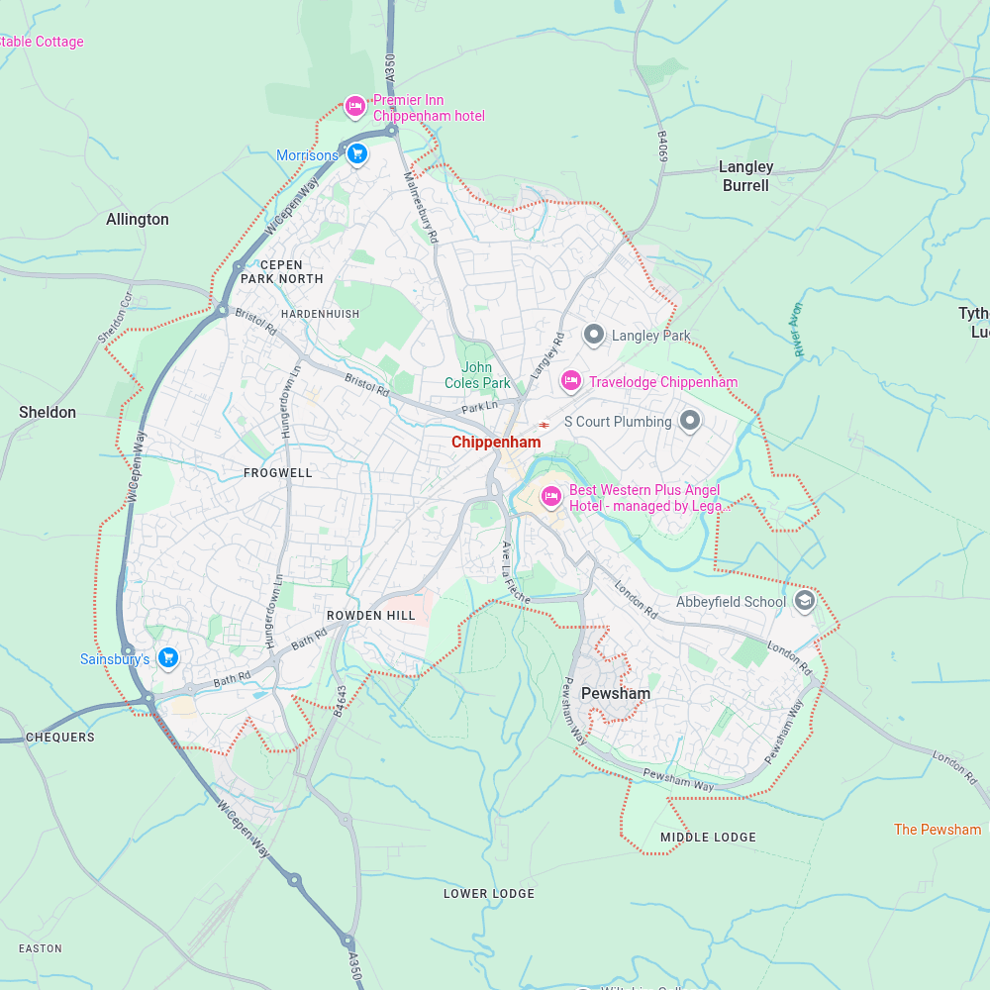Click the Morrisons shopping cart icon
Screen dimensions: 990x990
(358, 154)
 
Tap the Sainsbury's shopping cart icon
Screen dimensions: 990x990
(168, 657)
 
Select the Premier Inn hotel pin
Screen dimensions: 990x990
(355, 106)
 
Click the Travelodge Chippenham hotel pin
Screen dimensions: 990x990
(570, 381)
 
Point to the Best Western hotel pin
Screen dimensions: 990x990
(551, 496)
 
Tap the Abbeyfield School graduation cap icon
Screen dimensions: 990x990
(805, 601)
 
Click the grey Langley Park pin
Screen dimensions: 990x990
(594, 336)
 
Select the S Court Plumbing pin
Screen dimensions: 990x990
(690, 422)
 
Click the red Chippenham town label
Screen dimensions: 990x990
(496, 443)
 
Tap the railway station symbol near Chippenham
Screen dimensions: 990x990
(544, 425)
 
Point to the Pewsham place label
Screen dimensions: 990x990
(616, 693)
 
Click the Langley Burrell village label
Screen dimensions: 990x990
(745, 176)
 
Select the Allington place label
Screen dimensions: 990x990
(138, 220)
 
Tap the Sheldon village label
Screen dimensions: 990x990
(48, 412)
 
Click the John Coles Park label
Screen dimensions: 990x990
(478, 375)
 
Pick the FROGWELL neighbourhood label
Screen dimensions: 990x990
(278, 473)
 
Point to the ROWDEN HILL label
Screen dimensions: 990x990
(371, 616)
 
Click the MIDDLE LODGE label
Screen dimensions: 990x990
(708, 838)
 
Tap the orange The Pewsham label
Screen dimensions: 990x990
(938, 830)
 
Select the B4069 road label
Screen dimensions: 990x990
(663, 146)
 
